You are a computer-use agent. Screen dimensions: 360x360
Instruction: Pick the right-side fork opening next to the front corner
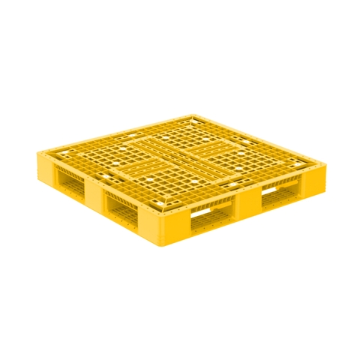click(211, 217)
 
